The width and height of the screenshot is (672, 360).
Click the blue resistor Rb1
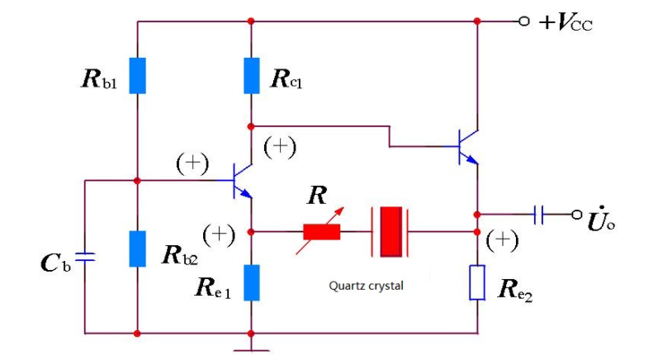tap(137, 76)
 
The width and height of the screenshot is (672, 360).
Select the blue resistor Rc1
tap(252, 76)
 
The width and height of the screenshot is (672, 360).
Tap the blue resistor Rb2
tap(137, 249)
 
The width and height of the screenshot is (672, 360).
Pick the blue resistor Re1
tap(252, 282)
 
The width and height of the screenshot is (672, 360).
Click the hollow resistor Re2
tap(477, 282)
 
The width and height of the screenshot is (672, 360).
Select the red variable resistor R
tap(321, 231)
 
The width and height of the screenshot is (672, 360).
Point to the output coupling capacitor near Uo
tap(540, 215)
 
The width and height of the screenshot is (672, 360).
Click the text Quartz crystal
tap(367, 287)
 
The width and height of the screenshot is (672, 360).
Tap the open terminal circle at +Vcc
tap(523, 21)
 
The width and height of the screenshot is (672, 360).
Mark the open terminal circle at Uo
tap(577, 215)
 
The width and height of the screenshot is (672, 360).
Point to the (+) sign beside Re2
tap(502, 240)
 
